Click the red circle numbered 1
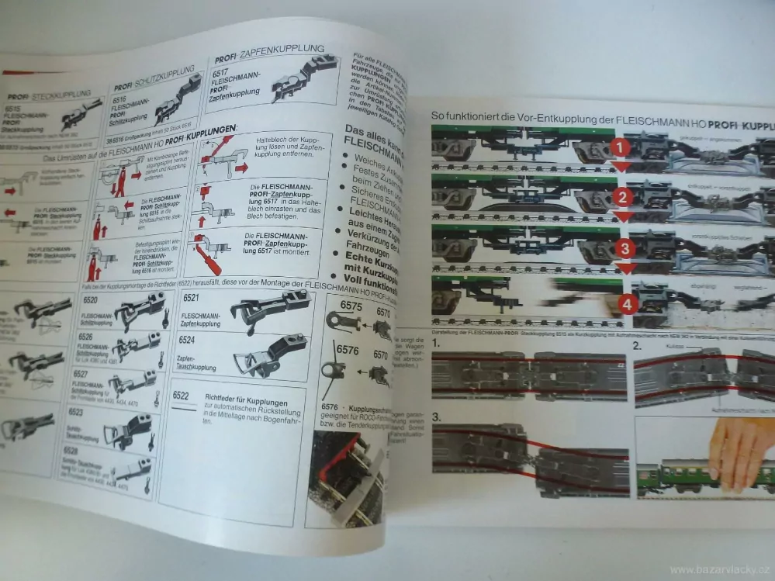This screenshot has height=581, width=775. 621,147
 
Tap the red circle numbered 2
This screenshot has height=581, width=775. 622,197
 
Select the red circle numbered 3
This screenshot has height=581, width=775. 625,248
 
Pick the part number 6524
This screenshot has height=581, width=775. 186,340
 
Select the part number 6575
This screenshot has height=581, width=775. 351,306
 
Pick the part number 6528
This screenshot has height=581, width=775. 81,449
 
